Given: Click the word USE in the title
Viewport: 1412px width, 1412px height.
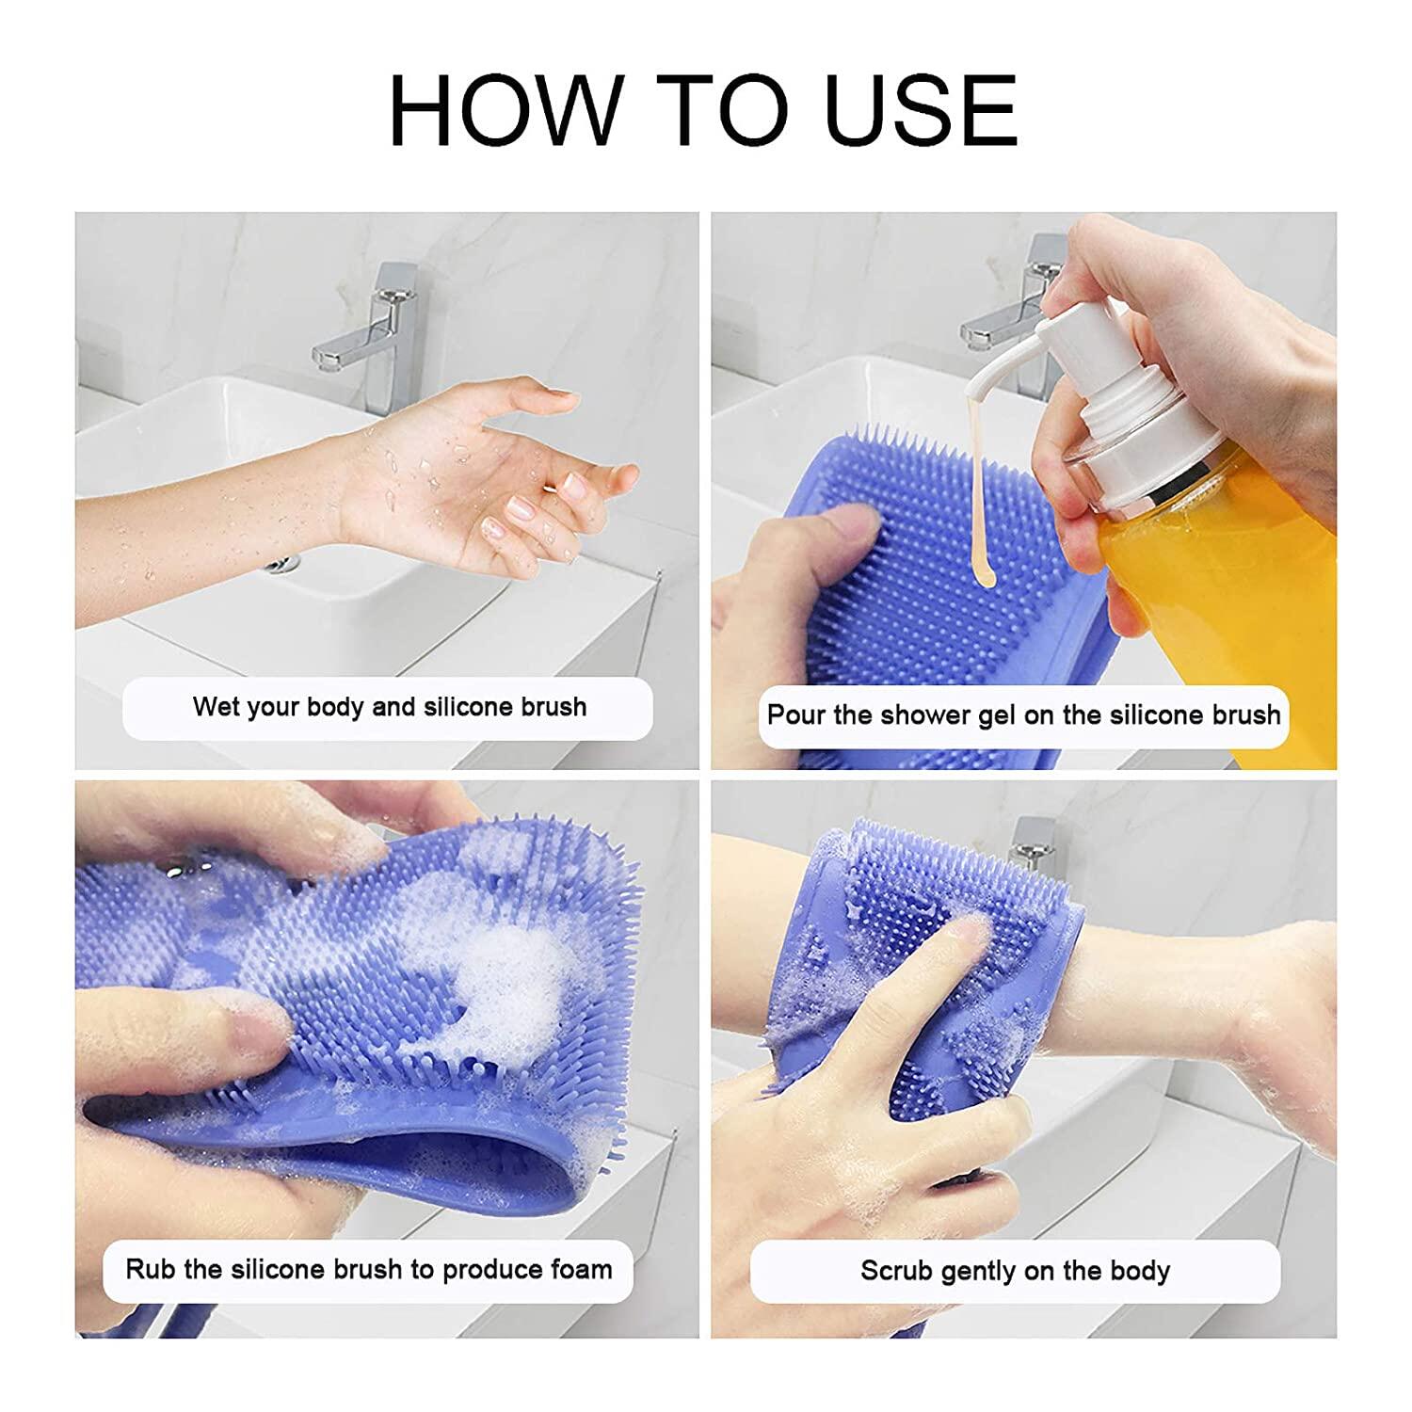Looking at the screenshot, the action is tap(922, 109).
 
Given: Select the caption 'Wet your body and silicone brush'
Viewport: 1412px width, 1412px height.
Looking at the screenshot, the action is tap(389, 707).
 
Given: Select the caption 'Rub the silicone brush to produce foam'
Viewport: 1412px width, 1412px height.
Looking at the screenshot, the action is tap(369, 1269).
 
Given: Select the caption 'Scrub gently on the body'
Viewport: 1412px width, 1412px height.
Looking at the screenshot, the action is tap(1015, 1271).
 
